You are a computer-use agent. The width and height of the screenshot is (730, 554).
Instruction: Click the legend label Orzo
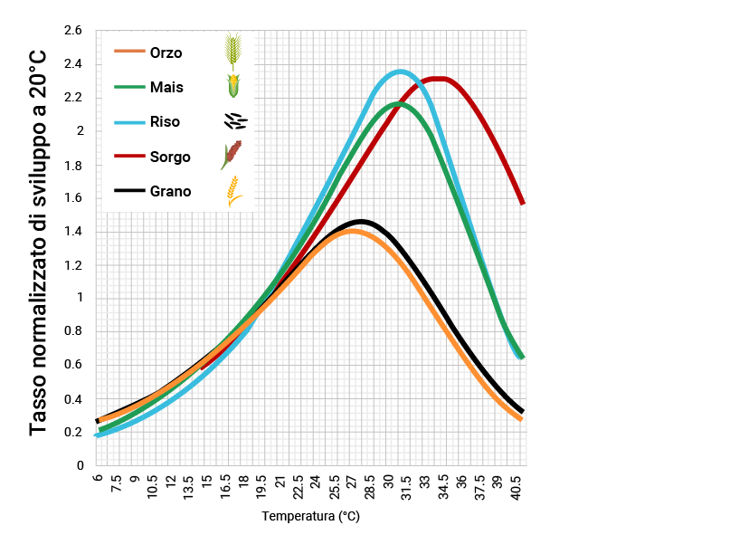coord(166,53)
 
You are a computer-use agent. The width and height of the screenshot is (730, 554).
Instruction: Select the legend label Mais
coord(166,87)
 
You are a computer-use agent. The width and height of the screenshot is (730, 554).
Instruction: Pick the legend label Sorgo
coord(170,157)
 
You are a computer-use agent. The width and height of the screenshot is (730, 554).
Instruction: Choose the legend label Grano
coord(170,191)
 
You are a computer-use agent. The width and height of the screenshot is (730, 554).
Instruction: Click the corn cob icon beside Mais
coord(233,87)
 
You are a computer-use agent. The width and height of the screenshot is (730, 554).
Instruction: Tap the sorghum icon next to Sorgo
coord(232,156)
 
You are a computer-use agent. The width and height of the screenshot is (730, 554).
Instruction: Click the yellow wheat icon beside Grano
coord(233,191)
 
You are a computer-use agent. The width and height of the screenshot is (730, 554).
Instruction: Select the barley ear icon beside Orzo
coord(233,52)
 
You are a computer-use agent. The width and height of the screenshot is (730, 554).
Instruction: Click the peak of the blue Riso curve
coord(400,72)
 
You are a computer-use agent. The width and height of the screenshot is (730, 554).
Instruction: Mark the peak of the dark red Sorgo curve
coord(438,79)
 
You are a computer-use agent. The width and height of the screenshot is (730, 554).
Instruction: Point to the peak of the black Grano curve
coord(362,221)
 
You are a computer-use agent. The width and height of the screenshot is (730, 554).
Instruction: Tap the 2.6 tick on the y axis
coord(73,31)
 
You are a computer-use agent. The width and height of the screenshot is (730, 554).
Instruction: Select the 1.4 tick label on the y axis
coord(73,232)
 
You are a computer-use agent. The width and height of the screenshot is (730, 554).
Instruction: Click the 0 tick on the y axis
coord(80,465)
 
